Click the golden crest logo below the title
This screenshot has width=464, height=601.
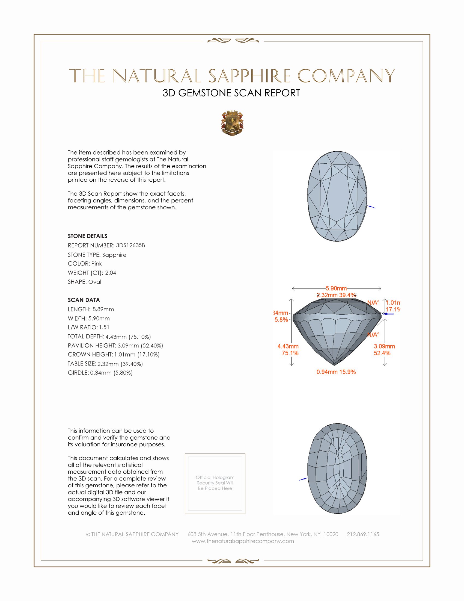(232, 123)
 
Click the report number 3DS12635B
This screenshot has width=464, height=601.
(130, 245)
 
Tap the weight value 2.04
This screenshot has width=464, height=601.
(111, 273)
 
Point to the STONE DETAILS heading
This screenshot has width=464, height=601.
(87, 236)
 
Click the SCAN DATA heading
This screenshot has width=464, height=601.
(84, 300)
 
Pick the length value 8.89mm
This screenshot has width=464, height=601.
(103, 309)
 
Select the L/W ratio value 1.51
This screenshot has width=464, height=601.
(104, 327)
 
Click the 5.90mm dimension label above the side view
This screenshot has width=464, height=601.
(336, 288)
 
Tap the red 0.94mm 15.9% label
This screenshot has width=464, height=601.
(336, 372)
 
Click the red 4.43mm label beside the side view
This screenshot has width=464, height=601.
(288, 346)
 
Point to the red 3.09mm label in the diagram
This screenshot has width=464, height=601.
(384, 346)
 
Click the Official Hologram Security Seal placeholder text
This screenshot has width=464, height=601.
(215, 483)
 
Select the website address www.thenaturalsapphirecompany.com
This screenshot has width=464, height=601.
(243, 541)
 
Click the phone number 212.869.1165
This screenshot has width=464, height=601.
(363, 534)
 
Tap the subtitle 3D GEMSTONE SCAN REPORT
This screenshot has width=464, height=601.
(231, 93)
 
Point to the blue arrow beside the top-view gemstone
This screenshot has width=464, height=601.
(372, 207)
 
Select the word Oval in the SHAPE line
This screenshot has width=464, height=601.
(94, 282)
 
